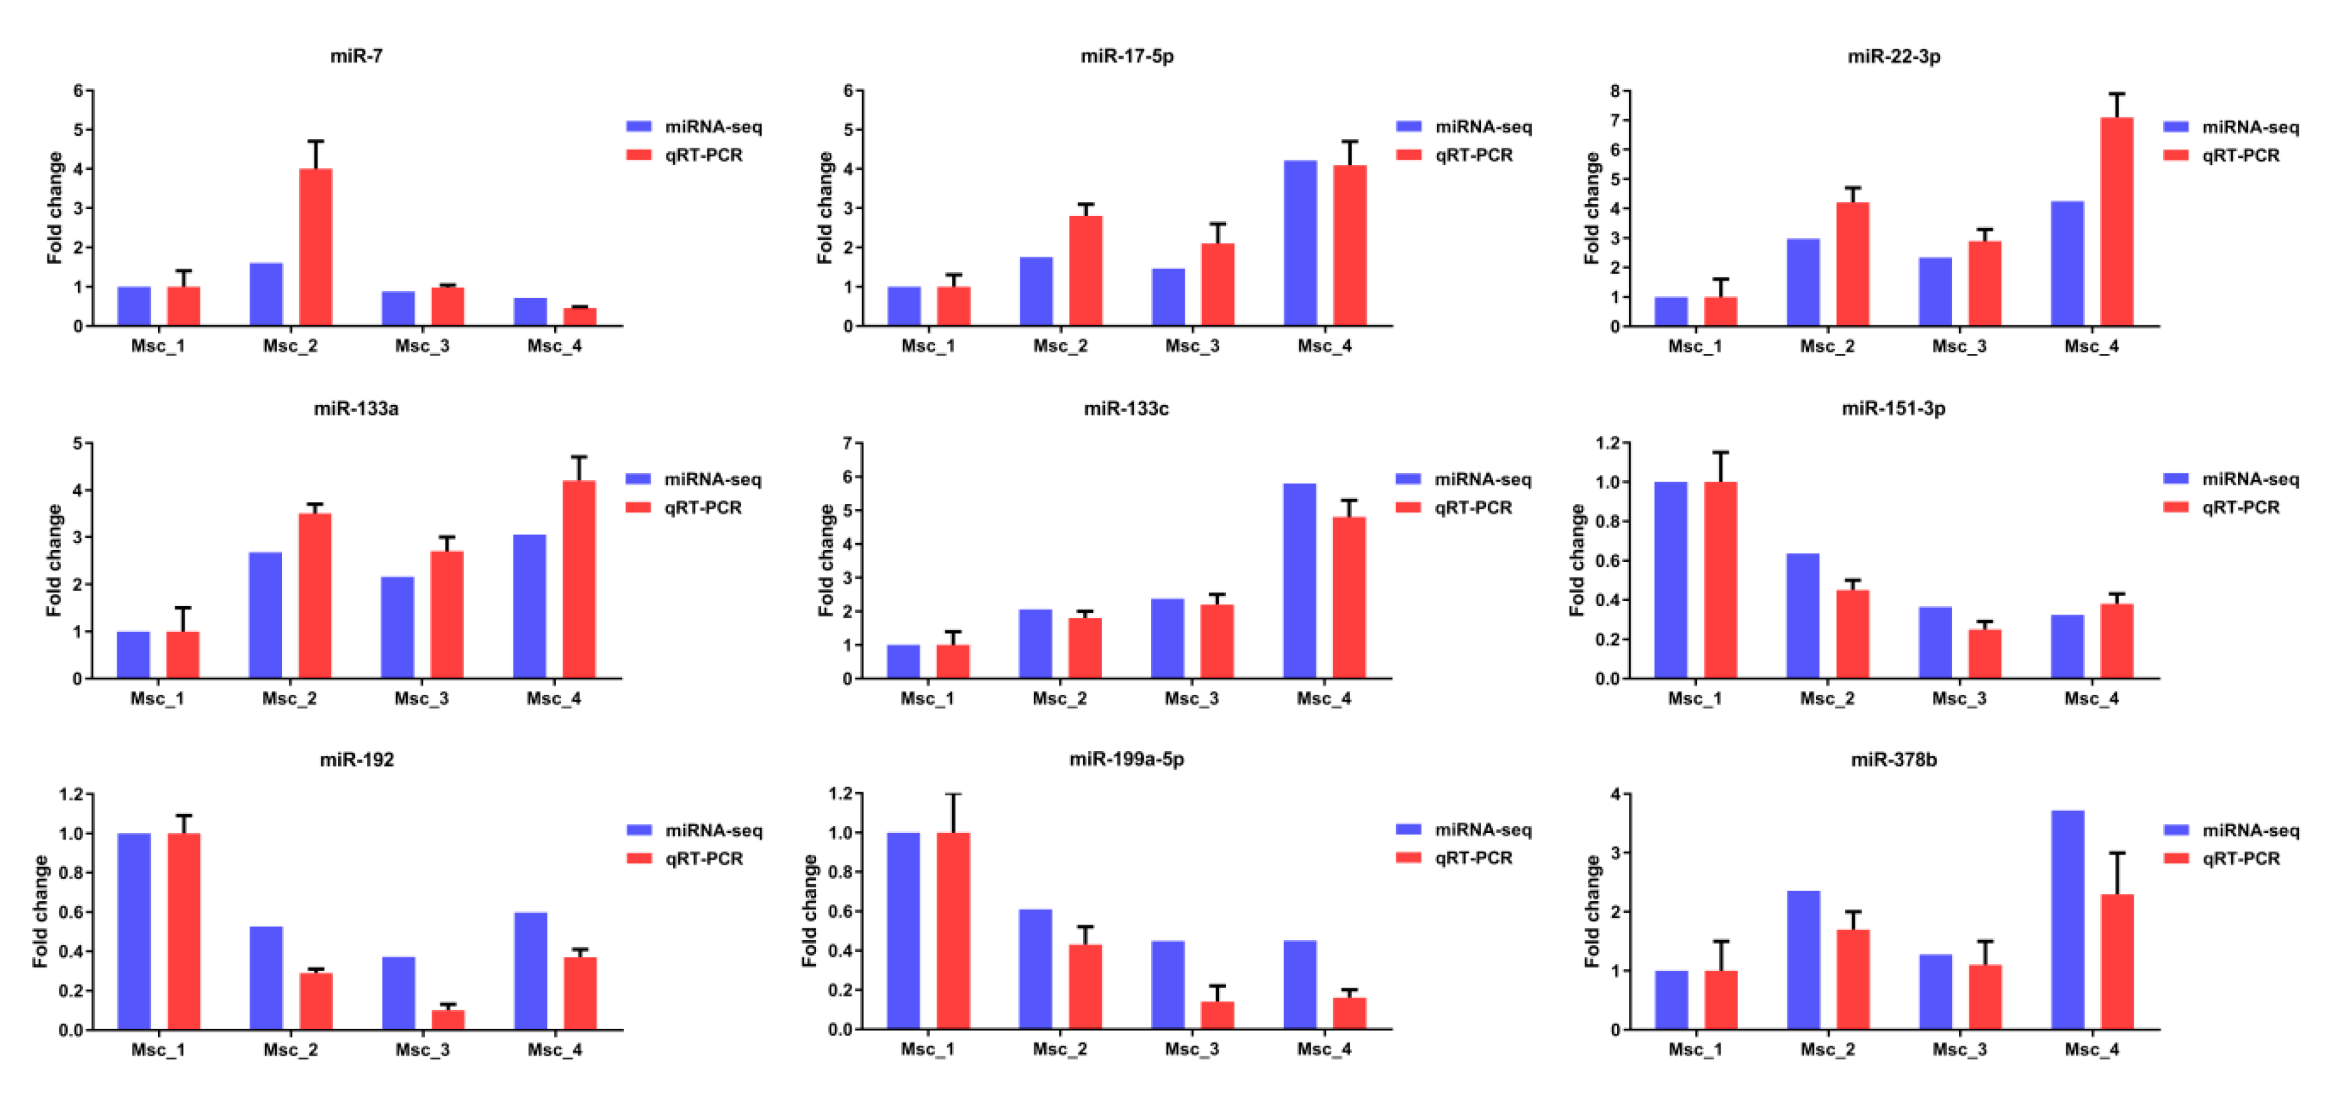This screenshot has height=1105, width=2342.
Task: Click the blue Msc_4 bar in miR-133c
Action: pyautogui.click(x=1299, y=581)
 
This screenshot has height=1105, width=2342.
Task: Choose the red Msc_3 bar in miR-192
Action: pyautogui.click(x=448, y=1019)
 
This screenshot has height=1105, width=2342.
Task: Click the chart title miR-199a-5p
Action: pyautogui.click(x=1127, y=759)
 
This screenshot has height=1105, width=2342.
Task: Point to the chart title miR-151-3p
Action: pyautogui.click(x=1894, y=408)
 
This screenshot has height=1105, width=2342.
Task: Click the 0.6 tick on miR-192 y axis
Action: pyautogui.click(x=71, y=911)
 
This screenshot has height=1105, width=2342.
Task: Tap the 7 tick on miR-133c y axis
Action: pyautogui.click(x=847, y=443)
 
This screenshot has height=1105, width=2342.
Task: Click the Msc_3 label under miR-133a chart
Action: pyautogui.click(x=421, y=699)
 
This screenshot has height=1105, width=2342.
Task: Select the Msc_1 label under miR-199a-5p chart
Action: pyautogui.click(x=927, y=1049)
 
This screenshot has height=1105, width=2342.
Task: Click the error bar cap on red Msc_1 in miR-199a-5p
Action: pyautogui.click(x=953, y=795)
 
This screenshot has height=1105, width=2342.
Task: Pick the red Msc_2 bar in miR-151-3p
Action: pyautogui.click(x=1852, y=634)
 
